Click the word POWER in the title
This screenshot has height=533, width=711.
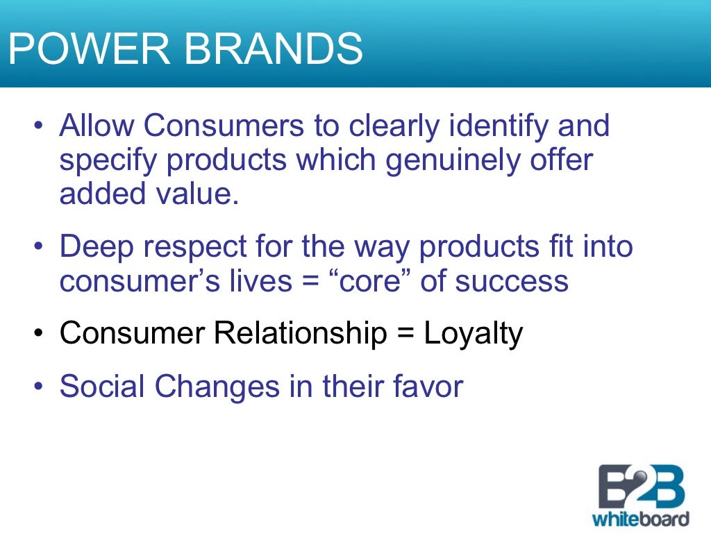88,49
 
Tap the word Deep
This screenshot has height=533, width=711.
94,247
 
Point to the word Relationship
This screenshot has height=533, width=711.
300,334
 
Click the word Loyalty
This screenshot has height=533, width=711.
473,334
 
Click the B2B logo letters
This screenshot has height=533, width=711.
640,487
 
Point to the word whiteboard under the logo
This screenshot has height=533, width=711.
640,518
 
